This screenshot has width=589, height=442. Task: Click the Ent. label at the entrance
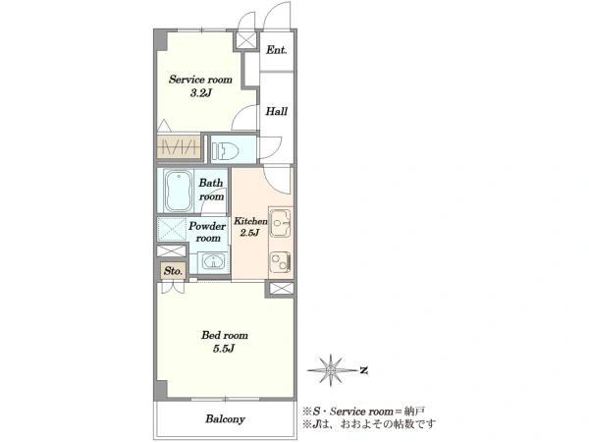point(277,50)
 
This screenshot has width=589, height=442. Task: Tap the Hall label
point(277,111)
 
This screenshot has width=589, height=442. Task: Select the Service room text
point(200,80)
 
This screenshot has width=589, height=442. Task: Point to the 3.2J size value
point(201,93)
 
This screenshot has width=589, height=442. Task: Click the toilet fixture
point(226,150)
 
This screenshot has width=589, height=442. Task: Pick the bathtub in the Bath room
point(179,192)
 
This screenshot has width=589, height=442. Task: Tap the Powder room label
point(207,232)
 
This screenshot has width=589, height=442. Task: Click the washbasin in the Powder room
point(213,261)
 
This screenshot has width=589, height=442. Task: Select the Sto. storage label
point(173,271)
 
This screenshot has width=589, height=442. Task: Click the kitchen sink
point(281,223)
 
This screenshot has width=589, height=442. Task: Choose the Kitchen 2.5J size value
point(249,233)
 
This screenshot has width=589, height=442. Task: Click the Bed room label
point(225,335)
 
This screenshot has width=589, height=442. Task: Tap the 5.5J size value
point(224,349)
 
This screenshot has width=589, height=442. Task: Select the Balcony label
point(225,419)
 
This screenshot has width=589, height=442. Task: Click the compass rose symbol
point(331,370)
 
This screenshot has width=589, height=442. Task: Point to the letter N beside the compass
point(363,371)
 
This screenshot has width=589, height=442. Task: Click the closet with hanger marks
point(179,146)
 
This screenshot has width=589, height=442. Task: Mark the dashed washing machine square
point(171,229)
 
